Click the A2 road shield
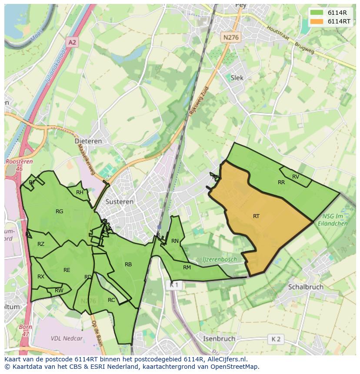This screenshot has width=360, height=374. (x=72, y=42)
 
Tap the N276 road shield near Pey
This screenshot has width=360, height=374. (x=230, y=37)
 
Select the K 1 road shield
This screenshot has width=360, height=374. (x=174, y=285)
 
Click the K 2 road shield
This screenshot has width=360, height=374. (x=276, y=339)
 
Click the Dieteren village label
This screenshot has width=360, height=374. (x=88, y=141)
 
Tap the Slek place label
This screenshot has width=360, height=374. (x=237, y=78)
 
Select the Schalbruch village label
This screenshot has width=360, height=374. (x=306, y=287)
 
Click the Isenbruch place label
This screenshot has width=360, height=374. (x=219, y=338)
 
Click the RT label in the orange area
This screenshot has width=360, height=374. (x=256, y=216)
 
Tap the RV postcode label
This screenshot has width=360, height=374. (x=296, y=176)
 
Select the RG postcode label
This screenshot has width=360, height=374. (x=60, y=212)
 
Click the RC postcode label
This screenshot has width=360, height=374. (x=111, y=300)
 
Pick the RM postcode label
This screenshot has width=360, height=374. (x=187, y=267)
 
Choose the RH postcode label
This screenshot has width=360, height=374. (x=80, y=192)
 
